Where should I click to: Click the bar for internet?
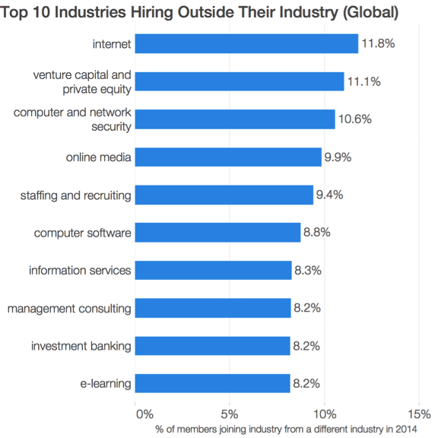[x=246, y=44]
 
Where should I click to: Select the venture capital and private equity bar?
[x=240, y=81]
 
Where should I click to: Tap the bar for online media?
[x=228, y=157]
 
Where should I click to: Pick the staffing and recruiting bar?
[x=224, y=195]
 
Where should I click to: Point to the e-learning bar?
[x=213, y=383]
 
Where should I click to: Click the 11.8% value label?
[x=378, y=44]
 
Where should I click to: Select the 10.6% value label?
[x=354, y=119]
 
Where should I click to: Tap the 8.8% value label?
[x=317, y=233]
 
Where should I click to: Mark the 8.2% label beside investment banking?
[x=307, y=346]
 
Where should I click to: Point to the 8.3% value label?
[x=309, y=271]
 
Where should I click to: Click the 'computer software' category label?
[x=83, y=233]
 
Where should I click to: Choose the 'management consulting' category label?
[x=69, y=309]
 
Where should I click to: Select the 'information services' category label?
[x=80, y=271]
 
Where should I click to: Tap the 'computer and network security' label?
[x=73, y=119]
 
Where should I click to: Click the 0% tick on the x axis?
[x=144, y=414]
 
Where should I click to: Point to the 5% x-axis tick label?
[x=230, y=414]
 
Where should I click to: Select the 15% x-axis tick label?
[x=419, y=414]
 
